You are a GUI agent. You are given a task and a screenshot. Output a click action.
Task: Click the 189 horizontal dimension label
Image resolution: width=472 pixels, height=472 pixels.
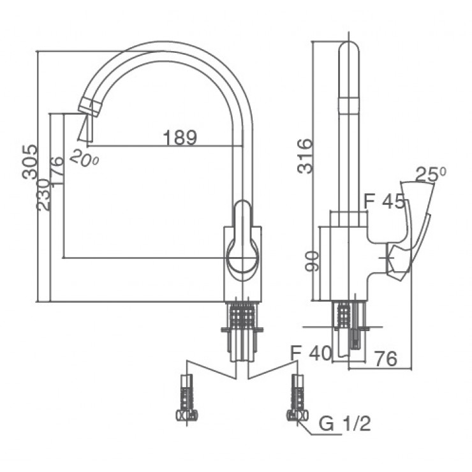point(180,137)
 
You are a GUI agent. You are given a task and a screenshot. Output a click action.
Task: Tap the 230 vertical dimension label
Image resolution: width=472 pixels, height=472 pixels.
point(43,195)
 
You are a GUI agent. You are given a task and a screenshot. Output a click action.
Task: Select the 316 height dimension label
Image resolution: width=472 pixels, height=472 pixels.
point(307,156)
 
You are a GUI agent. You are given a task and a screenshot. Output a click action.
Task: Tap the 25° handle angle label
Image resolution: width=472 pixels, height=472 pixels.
point(430,174)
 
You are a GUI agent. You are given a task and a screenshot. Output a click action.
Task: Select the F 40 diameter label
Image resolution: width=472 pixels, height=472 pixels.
point(311,353)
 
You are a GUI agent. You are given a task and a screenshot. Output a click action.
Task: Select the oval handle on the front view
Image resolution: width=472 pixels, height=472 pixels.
point(242,242)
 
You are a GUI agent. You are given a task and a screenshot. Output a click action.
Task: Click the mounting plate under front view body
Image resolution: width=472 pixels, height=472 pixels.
point(242,330)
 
